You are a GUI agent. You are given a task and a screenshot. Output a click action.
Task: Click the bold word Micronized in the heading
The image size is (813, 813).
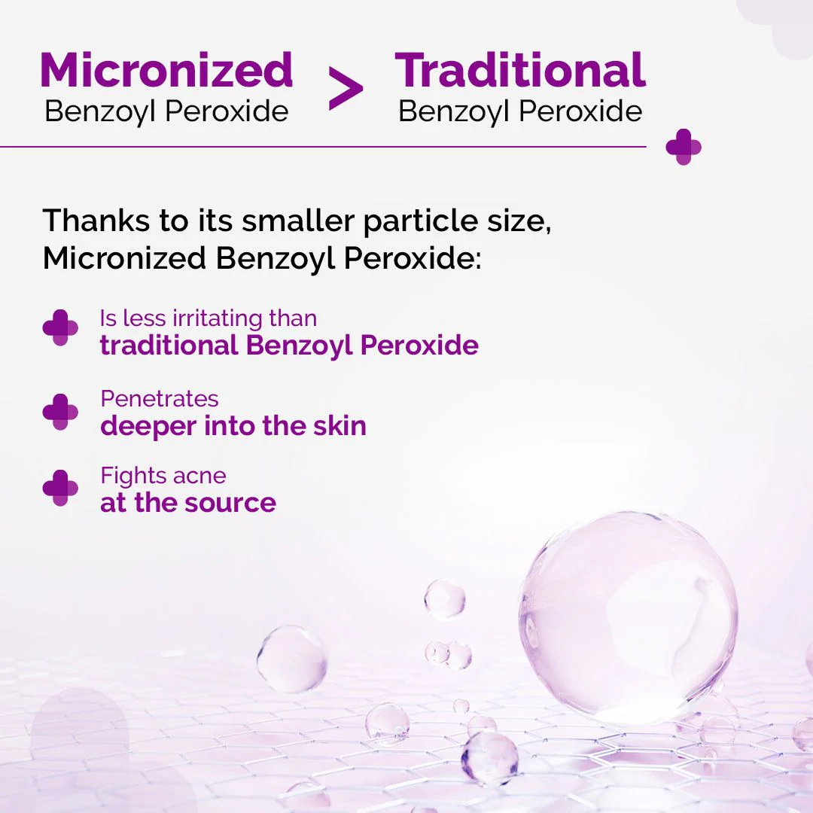tap(166, 70)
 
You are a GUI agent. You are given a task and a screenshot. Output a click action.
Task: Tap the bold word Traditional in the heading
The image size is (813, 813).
tap(520, 70)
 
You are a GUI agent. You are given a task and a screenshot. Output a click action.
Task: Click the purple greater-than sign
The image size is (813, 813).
tap(346, 90)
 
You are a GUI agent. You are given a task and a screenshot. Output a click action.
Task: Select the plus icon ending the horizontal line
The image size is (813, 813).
tap(684, 147)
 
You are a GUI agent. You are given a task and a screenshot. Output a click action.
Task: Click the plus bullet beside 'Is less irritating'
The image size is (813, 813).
tap(60, 327)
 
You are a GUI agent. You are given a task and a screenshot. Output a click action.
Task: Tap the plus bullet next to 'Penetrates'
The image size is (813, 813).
tap(60, 412)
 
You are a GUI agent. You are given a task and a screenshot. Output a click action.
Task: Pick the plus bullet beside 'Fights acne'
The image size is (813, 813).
tap(60, 489)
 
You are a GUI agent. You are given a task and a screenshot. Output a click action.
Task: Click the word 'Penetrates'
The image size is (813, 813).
tap(160, 398)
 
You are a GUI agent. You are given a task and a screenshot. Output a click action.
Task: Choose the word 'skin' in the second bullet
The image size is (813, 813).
tap(340, 425)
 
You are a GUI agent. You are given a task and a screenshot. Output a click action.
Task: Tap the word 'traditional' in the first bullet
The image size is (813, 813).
tap(169, 346)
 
